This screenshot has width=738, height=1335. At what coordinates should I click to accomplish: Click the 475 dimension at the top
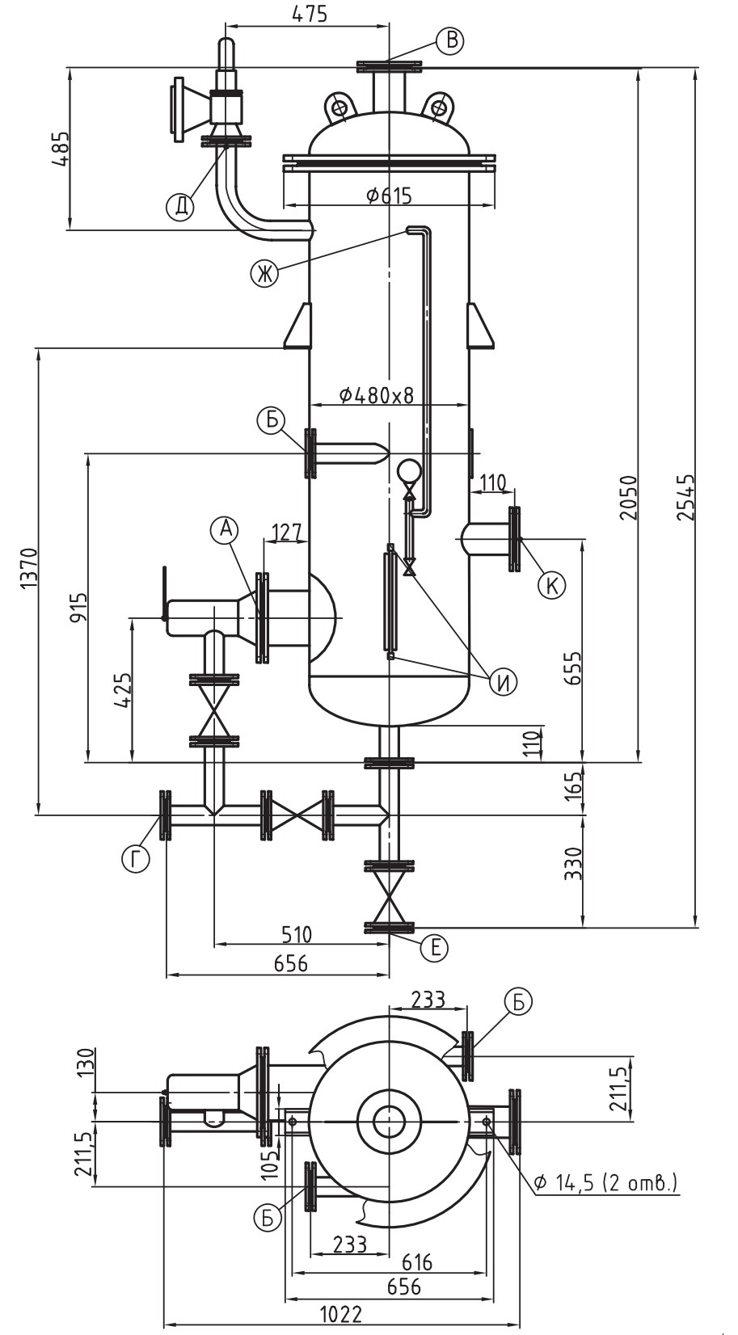pyautogui.click(x=310, y=13)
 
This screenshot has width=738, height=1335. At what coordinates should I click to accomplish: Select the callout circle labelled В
pyautogui.click(x=450, y=40)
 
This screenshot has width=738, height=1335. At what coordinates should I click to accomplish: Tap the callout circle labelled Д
pyautogui.click(x=180, y=206)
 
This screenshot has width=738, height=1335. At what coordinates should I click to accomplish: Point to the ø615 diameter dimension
pyautogui.click(x=389, y=195)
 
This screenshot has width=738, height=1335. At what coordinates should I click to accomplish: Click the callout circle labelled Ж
pyautogui.click(x=264, y=272)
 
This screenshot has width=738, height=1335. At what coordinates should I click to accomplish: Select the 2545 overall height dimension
pyautogui.click(x=685, y=497)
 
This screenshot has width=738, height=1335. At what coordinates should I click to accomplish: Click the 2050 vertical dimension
pyautogui.click(x=628, y=497)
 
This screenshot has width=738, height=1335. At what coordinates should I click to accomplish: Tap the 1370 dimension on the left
pyautogui.click(x=28, y=568)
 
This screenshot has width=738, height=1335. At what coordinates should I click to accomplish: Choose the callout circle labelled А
pyautogui.click(x=225, y=529)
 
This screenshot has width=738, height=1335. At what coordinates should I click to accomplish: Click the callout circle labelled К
pyautogui.click(x=551, y=585)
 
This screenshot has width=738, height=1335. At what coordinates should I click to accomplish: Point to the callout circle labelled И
pyautogui.click(x=503, y=682)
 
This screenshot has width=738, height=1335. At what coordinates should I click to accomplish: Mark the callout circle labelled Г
pyautogui.click(x=136, y=859)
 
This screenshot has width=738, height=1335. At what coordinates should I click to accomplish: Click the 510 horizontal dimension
pyautogui.click(x=297, y=934)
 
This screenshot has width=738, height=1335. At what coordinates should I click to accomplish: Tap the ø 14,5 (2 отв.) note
pyautogui.click(x=605, y=1181)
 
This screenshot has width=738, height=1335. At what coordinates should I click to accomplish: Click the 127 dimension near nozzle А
pyautogui.click(x=287, y=533)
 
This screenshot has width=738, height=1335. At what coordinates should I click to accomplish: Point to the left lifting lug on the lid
pyautogui.click(x=339, y=107)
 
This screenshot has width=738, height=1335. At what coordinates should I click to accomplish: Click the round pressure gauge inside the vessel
pyautogui.click(x=409, y=471)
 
